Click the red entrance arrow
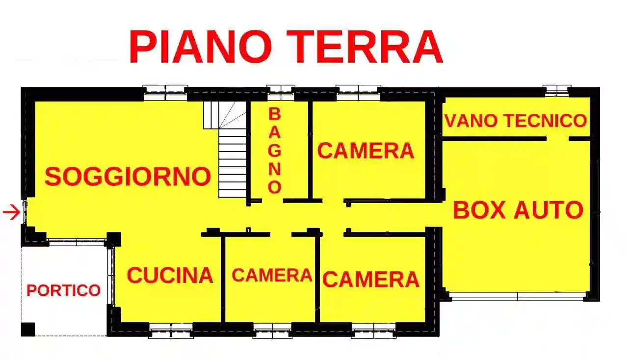coord(11,212)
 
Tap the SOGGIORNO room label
coord(128,176)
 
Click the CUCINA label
coord(170,276)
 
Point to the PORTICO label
coord(63,290)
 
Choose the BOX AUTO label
coord(518,210)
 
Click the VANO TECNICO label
coord(515,120)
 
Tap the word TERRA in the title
coord(368,47)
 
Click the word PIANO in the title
coord(201,47)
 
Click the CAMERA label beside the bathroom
coord(366,151)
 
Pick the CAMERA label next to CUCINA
coord(272,276)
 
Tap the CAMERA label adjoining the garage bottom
coord(371,280)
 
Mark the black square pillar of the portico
coord(28,329)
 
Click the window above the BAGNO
coord(281,90)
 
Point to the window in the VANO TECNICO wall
coord(557,90)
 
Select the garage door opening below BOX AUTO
coord(518,296)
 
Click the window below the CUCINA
coord(170,331)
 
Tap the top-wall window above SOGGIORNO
coord(165,91)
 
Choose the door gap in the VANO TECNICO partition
coord(557,139)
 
